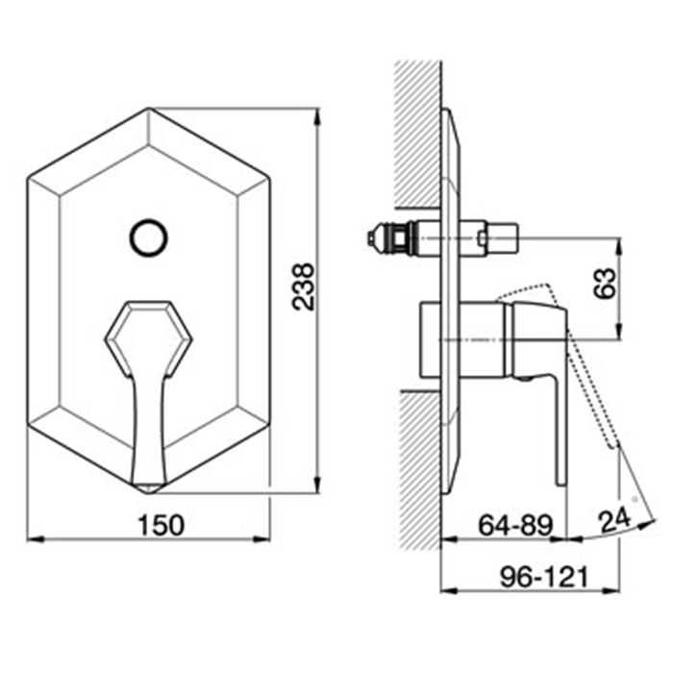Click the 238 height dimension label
303,287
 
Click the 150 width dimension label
161,525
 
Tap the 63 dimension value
605,284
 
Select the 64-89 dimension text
516,525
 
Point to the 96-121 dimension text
544,577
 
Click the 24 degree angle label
614,520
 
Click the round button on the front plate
148,238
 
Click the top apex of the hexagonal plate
148,108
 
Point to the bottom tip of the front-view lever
148,491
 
